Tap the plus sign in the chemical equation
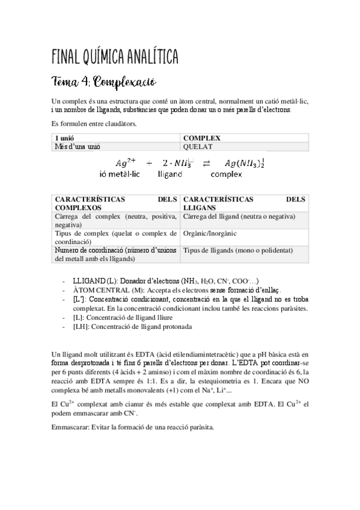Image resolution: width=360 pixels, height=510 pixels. tap(149, 164)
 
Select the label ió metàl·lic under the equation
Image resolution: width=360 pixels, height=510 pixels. tap(120, 174)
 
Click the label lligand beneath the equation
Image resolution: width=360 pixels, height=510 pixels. tap(169, 174)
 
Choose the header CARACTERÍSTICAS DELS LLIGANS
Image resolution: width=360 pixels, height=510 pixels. tap(243, 203)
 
